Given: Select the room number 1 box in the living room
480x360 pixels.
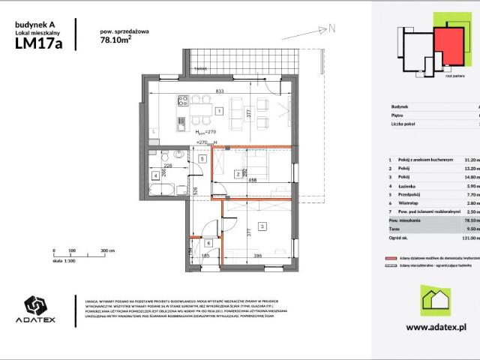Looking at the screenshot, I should (217, 111).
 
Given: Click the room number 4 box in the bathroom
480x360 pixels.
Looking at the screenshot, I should (154, 175).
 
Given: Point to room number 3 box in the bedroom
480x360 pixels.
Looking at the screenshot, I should (261, 226).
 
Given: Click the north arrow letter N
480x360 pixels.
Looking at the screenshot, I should (331, 28).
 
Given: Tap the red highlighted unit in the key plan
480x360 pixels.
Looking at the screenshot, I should (448, 46).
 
